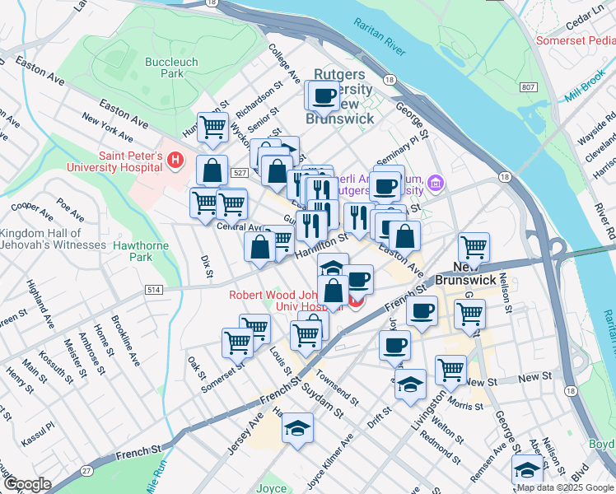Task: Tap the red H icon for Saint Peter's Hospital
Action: point(175,160)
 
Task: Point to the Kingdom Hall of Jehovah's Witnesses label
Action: point(54,240)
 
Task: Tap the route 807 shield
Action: point(529,86)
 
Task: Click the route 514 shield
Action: point(153,290)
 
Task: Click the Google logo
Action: point(27,484)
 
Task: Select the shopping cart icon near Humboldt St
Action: point(212,128)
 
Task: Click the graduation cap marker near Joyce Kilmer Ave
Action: point(297,428)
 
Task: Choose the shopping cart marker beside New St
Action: point(451,370)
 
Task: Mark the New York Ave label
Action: point(108,128)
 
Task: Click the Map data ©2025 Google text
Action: point(565,487)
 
